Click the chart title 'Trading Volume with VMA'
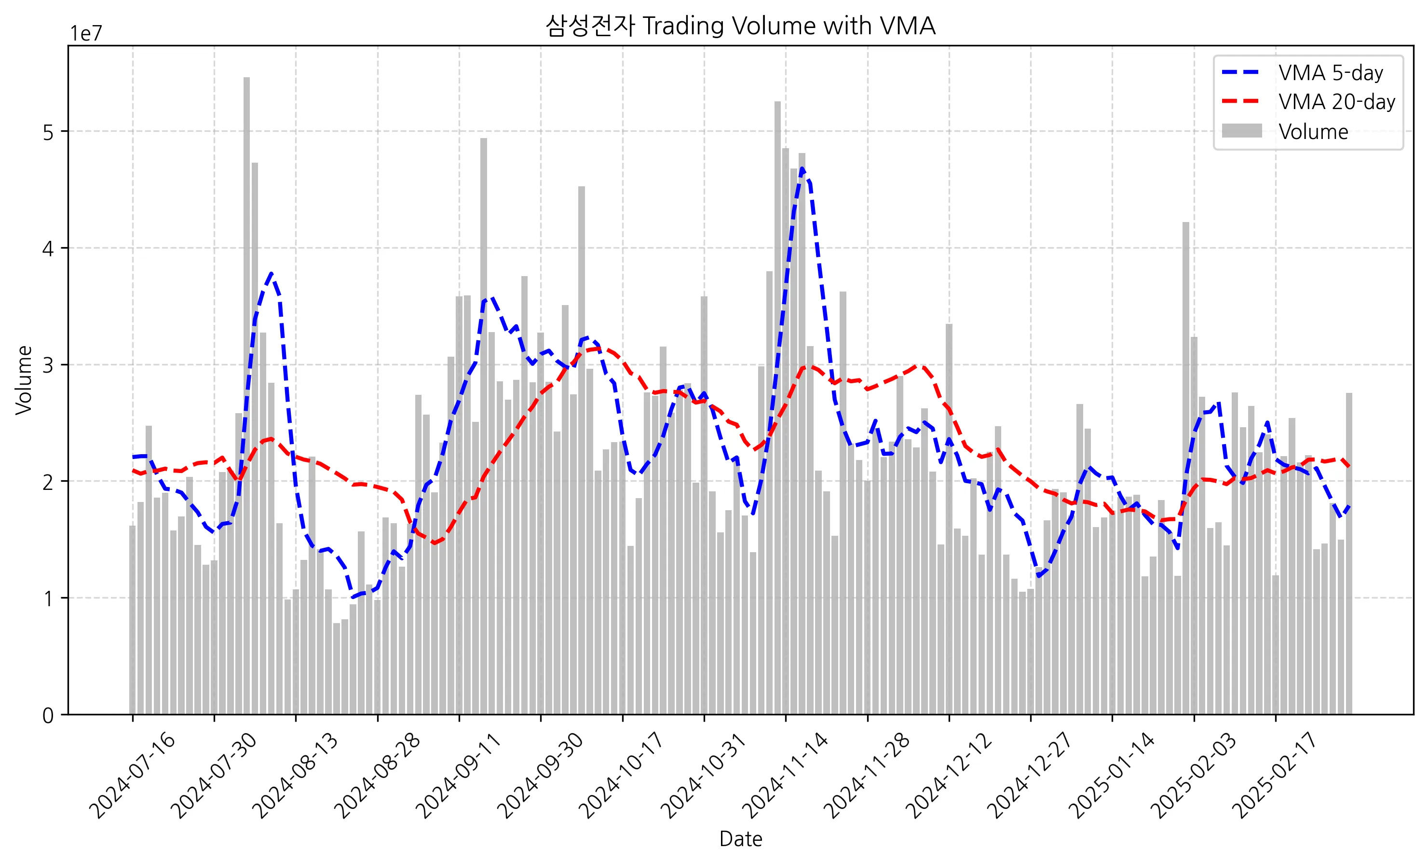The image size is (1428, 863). coord(740,26)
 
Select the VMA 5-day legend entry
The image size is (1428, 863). coord(1330,73)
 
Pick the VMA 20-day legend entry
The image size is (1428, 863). coord(1336,102)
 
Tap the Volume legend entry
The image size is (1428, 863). coord(1313,132)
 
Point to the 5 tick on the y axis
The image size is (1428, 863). coord(48,132)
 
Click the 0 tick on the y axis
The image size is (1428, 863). coord(48,716)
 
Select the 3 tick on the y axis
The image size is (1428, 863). coord(48,365)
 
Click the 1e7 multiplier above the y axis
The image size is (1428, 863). coord(86,34)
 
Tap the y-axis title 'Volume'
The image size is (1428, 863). coord(24,380)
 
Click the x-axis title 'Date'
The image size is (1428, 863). coord(740,839)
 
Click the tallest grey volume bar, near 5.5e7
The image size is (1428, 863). coord(246,394)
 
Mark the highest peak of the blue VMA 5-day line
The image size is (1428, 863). coord(802,169)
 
